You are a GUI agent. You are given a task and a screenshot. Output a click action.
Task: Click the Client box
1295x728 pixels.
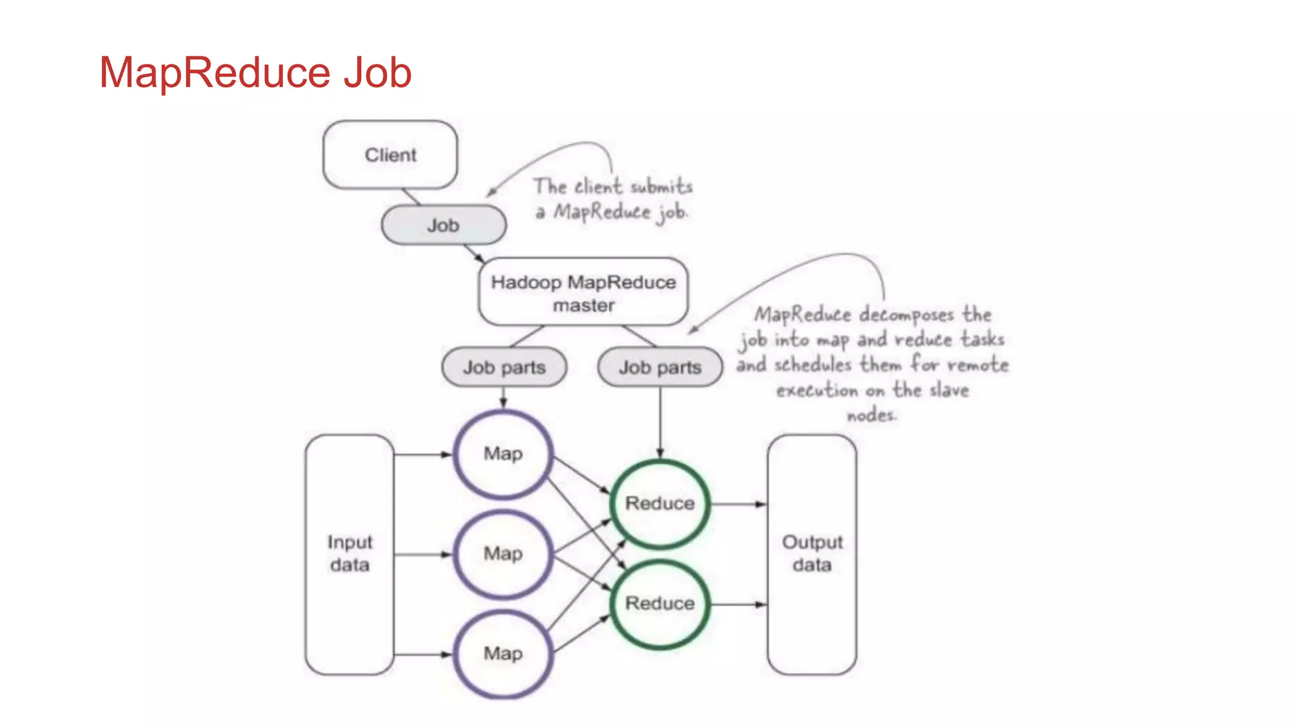click(390, 155)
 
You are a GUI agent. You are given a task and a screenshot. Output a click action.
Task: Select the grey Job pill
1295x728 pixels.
click(443, 225)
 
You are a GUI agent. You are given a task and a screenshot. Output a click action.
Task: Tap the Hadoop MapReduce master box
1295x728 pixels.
click(583, 293)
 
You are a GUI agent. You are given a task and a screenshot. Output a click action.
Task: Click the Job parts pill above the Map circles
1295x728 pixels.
click(504, 367)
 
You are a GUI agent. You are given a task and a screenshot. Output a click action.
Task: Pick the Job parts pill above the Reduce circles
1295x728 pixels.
click(660, 367)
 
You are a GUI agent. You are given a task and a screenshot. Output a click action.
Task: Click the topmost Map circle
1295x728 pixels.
click(503, 454)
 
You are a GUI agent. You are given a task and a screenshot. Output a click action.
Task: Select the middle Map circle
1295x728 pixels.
click(503, 554)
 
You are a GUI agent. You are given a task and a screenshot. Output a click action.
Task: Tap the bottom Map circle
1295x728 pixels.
click(503, 653)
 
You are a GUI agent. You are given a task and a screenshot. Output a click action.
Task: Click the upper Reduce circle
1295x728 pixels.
click(660, 504)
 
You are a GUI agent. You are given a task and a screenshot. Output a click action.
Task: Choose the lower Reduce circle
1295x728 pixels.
click(660, 604)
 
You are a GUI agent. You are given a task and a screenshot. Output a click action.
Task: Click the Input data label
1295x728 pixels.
click(350, 554)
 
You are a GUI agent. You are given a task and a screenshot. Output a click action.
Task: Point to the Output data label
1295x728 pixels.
click(812, 554)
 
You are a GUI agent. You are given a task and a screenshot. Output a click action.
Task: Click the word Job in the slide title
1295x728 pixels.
click(377, 73)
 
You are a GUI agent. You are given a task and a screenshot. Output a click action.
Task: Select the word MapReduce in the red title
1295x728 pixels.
click(215, 73)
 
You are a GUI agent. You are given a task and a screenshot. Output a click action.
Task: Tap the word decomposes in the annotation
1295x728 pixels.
click(906, 315)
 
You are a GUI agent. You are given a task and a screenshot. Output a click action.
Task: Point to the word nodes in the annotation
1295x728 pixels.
click(871, 415)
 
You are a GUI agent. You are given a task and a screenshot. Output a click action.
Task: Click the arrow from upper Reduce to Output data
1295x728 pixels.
click(738, 504)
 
